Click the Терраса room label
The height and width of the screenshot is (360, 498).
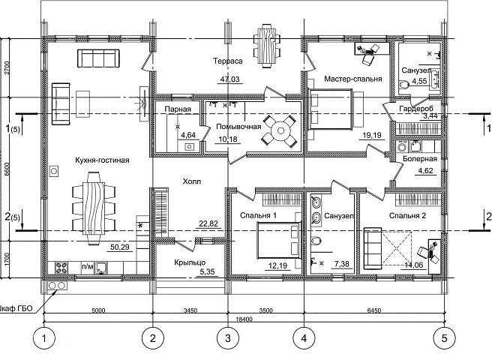pos(228,61)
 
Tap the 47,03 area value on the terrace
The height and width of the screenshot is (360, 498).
pos(230,79)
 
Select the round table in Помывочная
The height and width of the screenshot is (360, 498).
pos(280,130)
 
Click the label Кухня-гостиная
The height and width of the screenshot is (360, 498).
pos(102,160)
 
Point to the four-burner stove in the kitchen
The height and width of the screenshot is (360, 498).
pos(61,268)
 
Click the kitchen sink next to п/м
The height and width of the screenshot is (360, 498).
pos(101,268)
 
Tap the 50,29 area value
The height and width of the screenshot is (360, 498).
pos(120,247)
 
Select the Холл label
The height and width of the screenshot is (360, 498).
pos(192,181)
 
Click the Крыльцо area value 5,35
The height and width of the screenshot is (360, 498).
pos(208,271)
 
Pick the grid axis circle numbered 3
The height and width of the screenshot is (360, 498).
pos(228,338)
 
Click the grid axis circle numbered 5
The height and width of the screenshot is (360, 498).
pos(444,338)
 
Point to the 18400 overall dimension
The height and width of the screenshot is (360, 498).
pos(244,319)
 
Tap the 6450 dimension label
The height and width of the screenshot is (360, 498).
pos(374,310)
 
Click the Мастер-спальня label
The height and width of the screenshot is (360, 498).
pos(352,79)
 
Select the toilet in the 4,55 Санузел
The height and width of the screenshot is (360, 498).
pos(403,85)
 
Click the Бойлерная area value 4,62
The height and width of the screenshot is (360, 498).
pos(425,171)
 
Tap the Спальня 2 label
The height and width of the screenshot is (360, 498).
pos(407,216)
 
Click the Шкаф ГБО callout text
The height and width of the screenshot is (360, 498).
pos(16,308)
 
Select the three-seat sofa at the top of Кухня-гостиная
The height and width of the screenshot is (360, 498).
pos(98,58)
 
